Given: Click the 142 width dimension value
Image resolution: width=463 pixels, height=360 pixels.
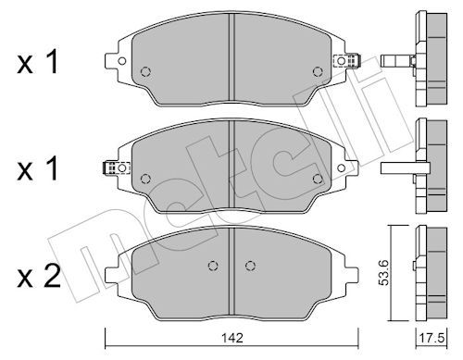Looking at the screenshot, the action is click(232, 338).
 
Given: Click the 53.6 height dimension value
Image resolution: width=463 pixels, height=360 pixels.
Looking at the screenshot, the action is click(384, 272).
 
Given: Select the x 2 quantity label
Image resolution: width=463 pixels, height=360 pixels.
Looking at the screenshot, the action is click(39, 277).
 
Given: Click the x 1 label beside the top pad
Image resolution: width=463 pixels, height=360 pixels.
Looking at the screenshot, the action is click(38, 62).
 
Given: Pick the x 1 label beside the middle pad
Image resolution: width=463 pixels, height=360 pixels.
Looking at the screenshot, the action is click(38, 168).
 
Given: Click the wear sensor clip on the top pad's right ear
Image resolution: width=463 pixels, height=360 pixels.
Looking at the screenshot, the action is click(347, 60).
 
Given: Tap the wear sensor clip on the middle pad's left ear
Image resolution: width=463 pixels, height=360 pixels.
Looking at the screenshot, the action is click(116, 168).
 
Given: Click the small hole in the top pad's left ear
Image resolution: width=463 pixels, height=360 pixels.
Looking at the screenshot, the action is click(122, 61).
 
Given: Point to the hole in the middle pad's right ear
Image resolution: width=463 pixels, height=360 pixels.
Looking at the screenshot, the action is click(341, 168).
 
